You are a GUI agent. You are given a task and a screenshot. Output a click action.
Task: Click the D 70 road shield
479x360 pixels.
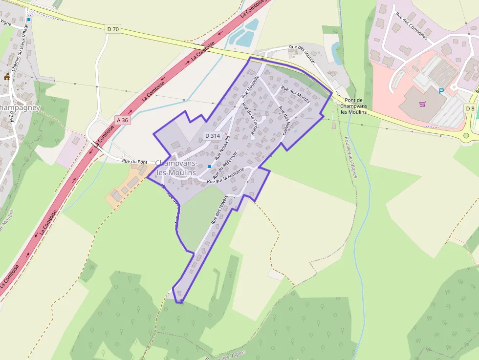pyautogui.click(x=112, y=29)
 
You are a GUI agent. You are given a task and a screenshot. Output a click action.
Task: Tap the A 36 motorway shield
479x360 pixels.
pyautogui.click(x=123, y=120)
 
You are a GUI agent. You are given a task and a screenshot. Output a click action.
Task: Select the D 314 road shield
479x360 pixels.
pyautogui.click(x=213, y=135)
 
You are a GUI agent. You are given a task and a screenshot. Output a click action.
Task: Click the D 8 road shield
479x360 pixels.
pyautogui.click(x=470, y=108)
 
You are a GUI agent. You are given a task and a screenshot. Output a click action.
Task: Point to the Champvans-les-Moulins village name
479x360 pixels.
pyautogui.click(x=176, y=168)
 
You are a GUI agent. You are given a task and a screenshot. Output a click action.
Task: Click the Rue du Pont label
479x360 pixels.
pyautogui.click(x=134, y=162)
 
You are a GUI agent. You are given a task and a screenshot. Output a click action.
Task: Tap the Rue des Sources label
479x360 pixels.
pyautogui.click(x=302, y=54)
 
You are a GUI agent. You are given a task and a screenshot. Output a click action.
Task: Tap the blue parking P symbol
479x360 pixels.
pyautogui.click(x=441, y=91)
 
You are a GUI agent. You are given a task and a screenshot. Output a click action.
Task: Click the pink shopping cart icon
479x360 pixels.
pyautogui.click(x=422, y=104)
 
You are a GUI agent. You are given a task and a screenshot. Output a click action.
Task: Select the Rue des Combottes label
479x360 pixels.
pyautogui.click(x=412, y=26)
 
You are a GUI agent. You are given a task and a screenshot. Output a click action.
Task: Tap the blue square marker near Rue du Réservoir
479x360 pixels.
pyautogui.click(x=210, y=167)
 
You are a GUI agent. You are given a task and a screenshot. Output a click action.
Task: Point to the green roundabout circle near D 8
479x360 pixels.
pyautogui.click(x=466, y=135)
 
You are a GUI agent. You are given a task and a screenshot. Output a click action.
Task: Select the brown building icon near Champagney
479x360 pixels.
pyautogui.click(x=7, y=77)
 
